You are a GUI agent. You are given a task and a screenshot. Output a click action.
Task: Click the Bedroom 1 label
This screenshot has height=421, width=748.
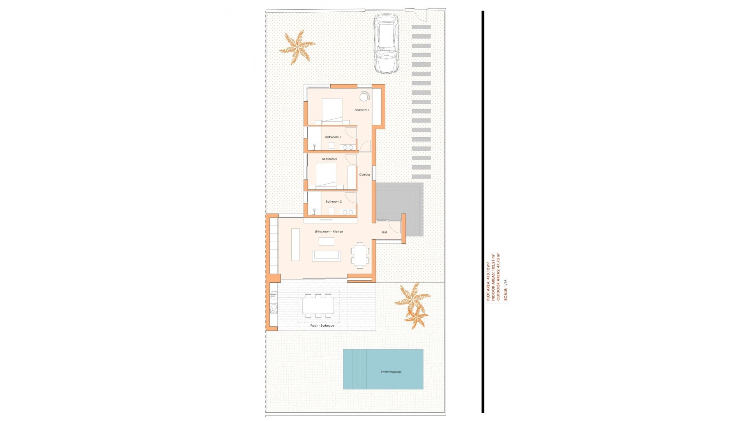(362, 110)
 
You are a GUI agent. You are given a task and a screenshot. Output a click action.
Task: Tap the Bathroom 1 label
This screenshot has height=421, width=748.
(333, 137)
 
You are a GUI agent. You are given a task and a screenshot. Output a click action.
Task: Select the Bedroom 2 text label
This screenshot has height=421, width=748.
(329, 159)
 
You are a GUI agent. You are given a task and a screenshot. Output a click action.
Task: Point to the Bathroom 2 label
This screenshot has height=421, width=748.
(333, 202)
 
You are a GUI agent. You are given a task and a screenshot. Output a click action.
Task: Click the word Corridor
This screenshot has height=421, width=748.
(365, 175)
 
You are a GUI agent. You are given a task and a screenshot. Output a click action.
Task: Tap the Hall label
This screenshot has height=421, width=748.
(384, 232)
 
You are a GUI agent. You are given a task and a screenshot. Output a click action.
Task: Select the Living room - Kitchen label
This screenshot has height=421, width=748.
(329, 232)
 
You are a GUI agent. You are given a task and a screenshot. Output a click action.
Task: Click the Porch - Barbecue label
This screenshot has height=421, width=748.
(322, 325)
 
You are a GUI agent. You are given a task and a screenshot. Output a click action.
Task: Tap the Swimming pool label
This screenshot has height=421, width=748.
(391, 371)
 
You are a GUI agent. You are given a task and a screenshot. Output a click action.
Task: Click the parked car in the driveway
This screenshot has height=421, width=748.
(386, 44)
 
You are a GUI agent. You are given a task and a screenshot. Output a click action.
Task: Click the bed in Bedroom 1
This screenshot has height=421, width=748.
(332, 111)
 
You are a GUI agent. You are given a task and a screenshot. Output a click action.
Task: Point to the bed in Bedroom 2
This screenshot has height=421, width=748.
(326, 176)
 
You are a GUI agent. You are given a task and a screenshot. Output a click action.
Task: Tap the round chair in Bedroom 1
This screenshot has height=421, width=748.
(364, 97)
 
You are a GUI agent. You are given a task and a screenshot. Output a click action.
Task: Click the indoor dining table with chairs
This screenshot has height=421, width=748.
(360, 256)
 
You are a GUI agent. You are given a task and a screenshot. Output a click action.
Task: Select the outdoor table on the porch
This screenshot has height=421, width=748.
(318, 306)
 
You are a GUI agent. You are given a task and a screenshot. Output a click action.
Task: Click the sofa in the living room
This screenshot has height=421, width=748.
(326, 256)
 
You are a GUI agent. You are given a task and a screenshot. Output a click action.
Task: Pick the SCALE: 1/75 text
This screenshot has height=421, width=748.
(506, 290)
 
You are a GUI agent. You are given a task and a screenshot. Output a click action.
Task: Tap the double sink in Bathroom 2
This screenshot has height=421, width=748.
(348, 212)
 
